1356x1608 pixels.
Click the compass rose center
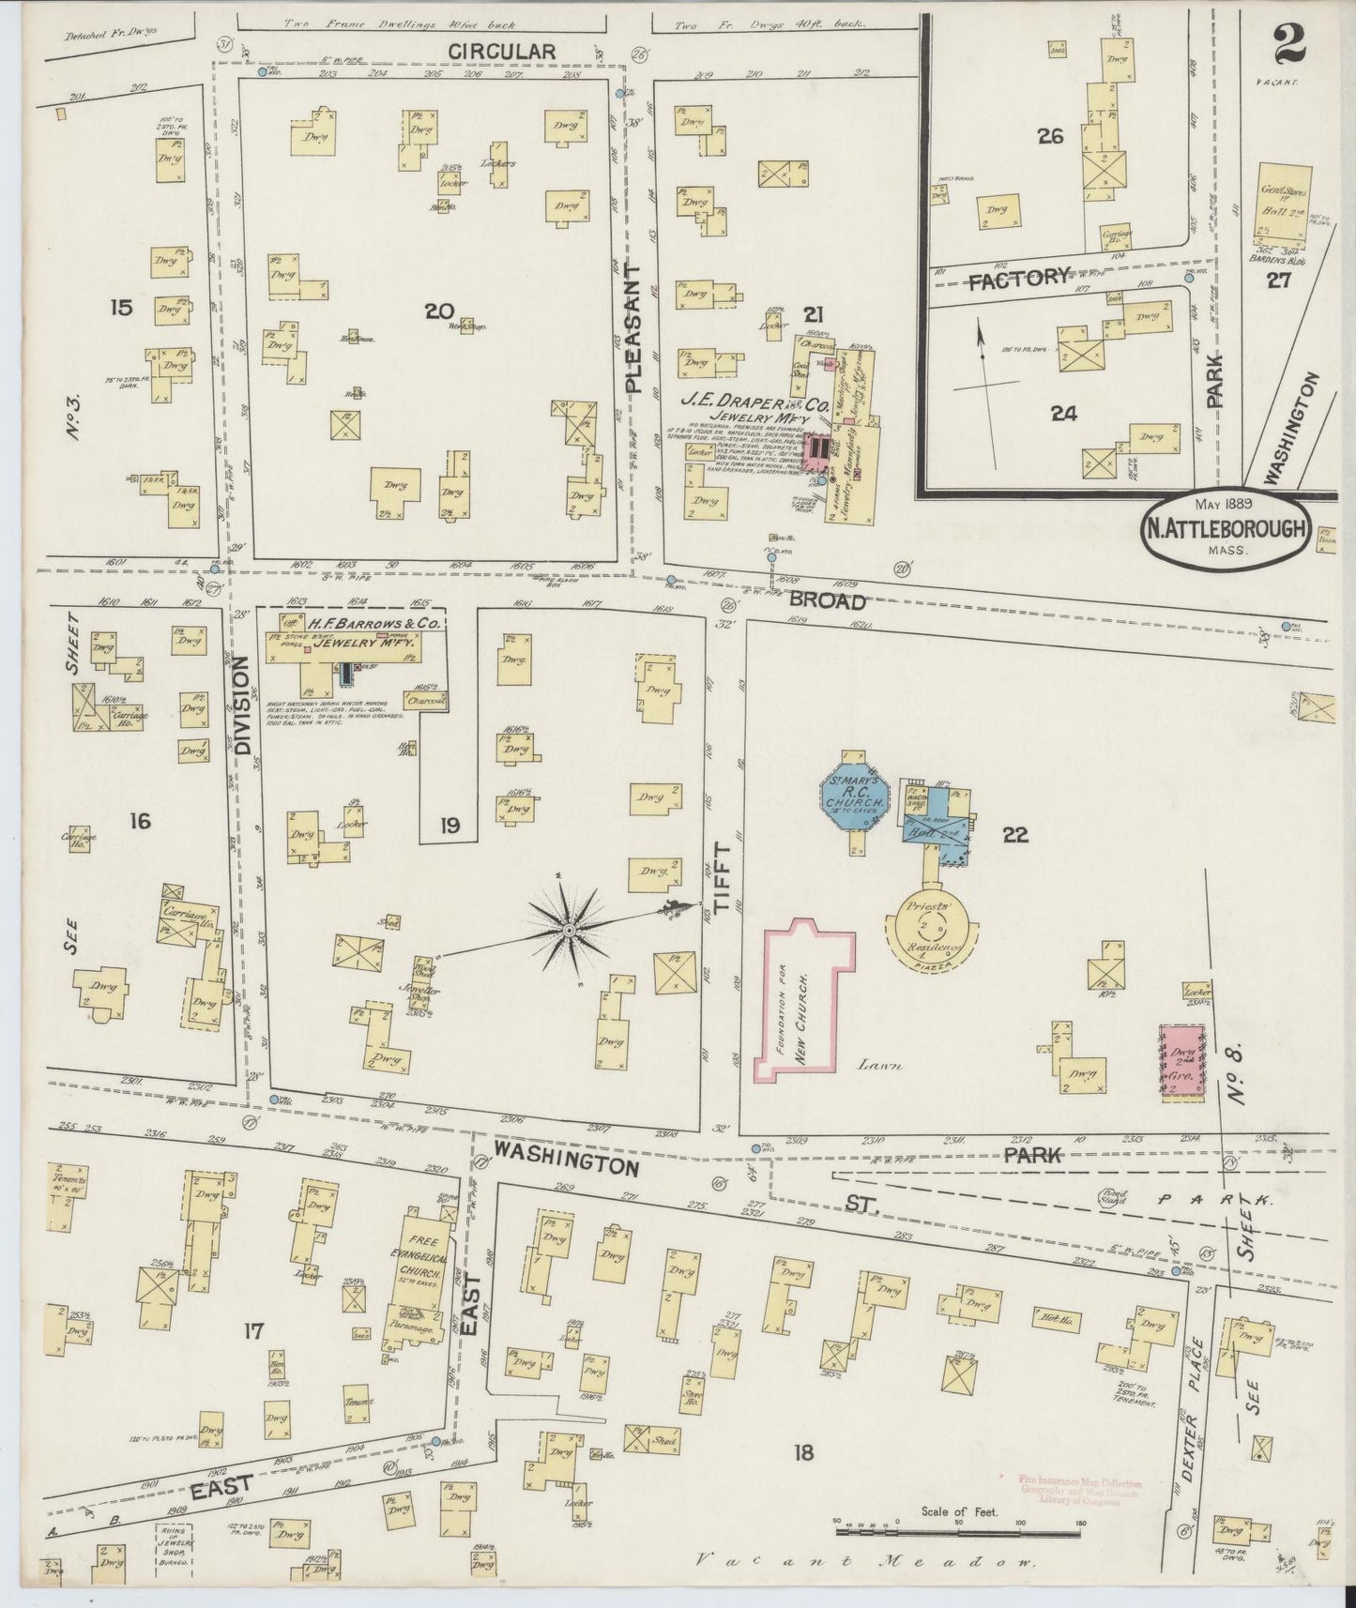pyautogui.click(x=568, y=930)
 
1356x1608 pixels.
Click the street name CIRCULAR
pyautogui.click(x=502, y=52)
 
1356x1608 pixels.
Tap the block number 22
pyautogui.click(x=1015, y=834)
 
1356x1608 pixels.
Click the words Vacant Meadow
pyautogui.click(x=864, y=1563)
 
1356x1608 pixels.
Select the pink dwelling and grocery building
pyautogui.click(x=1181, y=1062)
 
